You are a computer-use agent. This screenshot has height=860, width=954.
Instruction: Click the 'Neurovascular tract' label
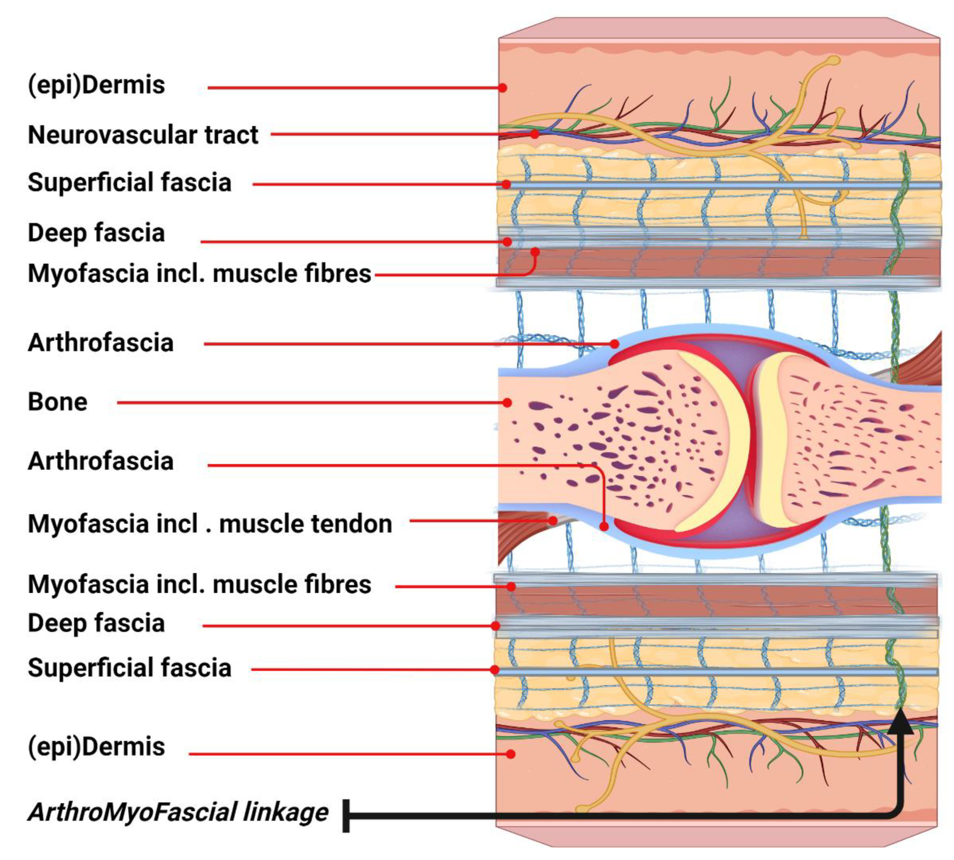[x=143, y=135]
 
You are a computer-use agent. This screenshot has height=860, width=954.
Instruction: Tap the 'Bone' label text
[x=58, y=402]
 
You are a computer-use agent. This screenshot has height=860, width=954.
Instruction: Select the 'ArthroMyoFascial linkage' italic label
[x=178, y=812]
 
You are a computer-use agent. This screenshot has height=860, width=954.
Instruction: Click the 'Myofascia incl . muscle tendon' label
[x=210, y=524]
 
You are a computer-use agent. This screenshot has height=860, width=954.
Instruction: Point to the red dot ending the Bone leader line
[x=507, y=403]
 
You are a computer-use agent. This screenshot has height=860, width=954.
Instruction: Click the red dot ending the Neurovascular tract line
[x=534, y=134]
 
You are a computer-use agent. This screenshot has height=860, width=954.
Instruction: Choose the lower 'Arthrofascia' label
[x=101, y=461]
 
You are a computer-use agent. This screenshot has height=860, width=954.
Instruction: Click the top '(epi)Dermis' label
[x=96, y=85]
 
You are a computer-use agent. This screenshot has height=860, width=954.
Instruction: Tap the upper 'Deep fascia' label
[x=96, y=233]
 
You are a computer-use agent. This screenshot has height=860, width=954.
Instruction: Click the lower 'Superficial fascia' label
[x=130, y=668]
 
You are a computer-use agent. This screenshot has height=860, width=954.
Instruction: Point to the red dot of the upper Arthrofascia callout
[x=614, y=344]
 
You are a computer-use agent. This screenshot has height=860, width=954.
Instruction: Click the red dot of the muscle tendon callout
[x=553, y=521]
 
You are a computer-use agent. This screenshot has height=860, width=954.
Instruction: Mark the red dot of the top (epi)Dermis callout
[x=503, y=88]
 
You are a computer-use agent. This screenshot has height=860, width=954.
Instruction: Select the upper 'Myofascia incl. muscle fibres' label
[x=199, y=274]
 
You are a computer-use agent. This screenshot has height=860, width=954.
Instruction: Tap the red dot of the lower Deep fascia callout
[x=495, y=626]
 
